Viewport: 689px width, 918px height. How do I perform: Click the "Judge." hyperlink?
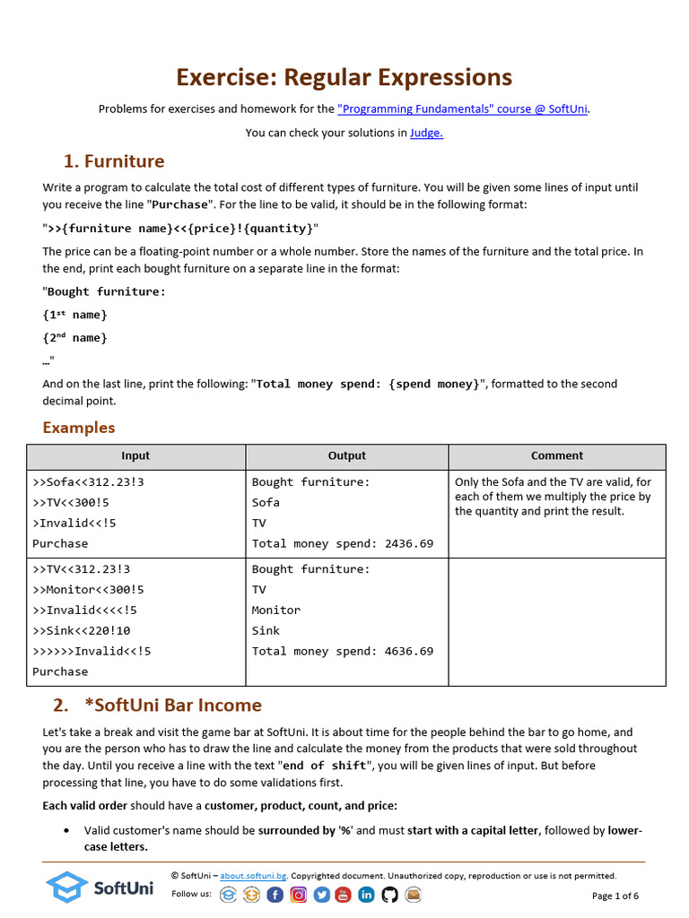click(426, 134)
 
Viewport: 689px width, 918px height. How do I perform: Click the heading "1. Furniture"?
click(114, 161)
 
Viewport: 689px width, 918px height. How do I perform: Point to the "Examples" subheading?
click(79, 428)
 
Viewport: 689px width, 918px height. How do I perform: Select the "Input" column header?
click(135, 456)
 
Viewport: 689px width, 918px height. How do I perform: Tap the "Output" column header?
click(346, 456)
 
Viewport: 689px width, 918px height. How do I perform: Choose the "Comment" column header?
click(556, 456)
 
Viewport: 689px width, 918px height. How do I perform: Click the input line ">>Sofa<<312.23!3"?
click(88, 482)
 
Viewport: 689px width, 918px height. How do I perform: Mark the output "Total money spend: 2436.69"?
click(342, 543)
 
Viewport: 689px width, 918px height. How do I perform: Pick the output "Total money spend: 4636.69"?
click(342, 651)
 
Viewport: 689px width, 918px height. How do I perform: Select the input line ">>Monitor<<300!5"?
click(88, 590)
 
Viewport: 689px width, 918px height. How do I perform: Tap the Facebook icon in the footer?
click(275, 894)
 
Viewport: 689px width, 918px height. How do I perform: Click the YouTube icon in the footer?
click(344, 894)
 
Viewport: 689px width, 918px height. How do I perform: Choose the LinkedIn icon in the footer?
click(366, 894)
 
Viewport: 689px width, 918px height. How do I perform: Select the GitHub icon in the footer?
click(389, 894)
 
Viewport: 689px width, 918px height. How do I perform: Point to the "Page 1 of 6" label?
click(615, 896)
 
